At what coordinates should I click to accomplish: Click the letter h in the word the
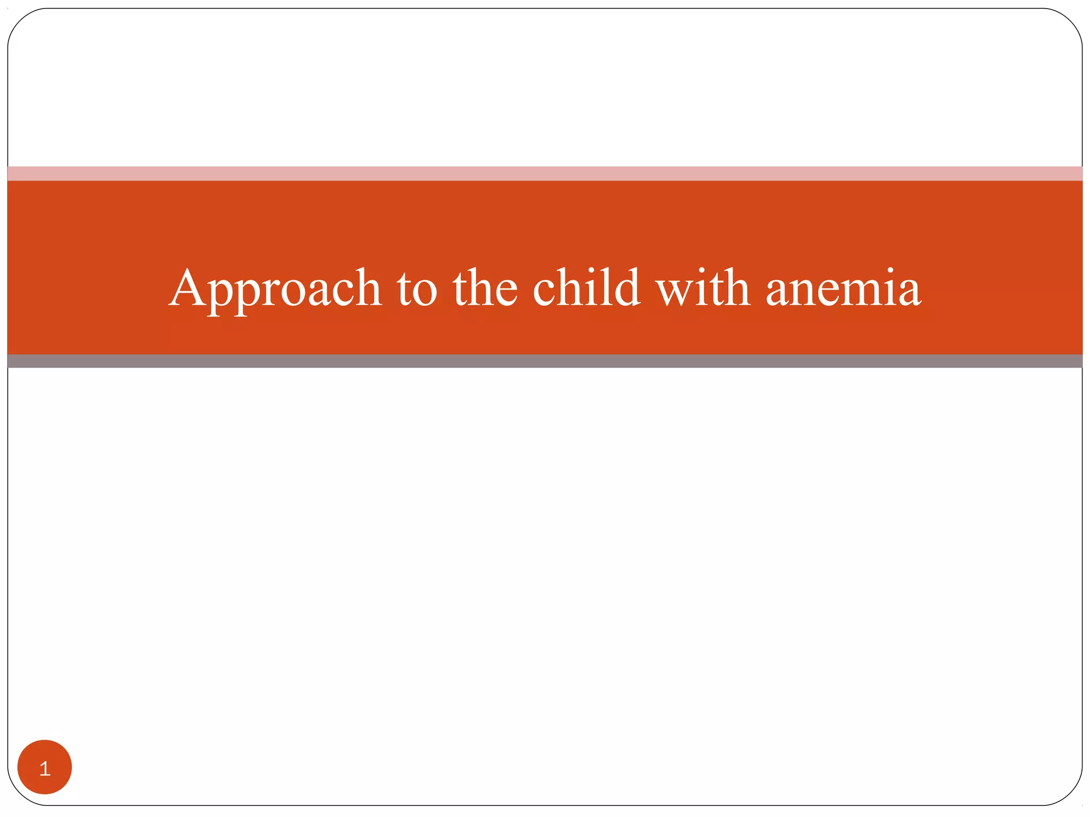(481, 287)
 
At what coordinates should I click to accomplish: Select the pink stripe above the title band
(545, 173)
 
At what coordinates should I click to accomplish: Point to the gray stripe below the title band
(545, 361)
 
